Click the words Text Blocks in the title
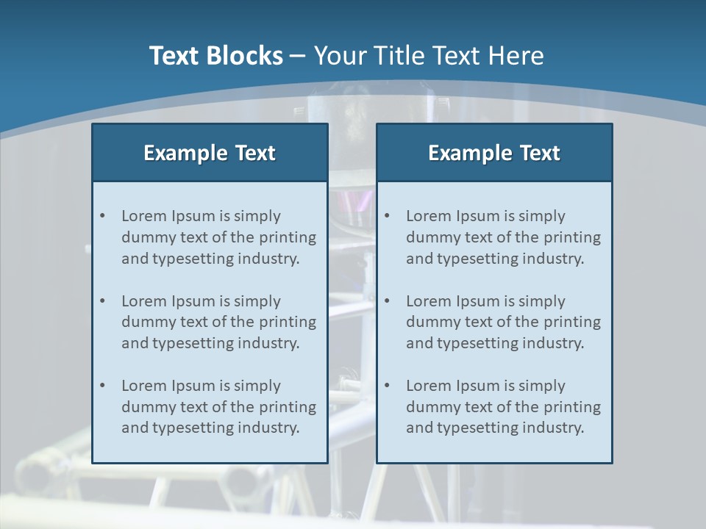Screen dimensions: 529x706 tap(215, 56)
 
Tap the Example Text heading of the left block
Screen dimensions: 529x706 tap(210, 153)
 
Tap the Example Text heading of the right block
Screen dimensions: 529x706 tap(494, 153)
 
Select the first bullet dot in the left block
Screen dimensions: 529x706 tap(102, 216)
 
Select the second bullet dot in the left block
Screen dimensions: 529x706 tap(102, 301)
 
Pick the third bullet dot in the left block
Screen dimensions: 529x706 tap(102, 386)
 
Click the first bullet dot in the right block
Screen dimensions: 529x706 tap(387, 216)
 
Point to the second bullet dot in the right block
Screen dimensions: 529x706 tap(387, 301)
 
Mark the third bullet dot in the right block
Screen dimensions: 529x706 tap(387, 386)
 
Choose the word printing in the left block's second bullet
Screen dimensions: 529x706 tap(289, 322)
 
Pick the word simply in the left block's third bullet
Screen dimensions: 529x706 tap(257, 386)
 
